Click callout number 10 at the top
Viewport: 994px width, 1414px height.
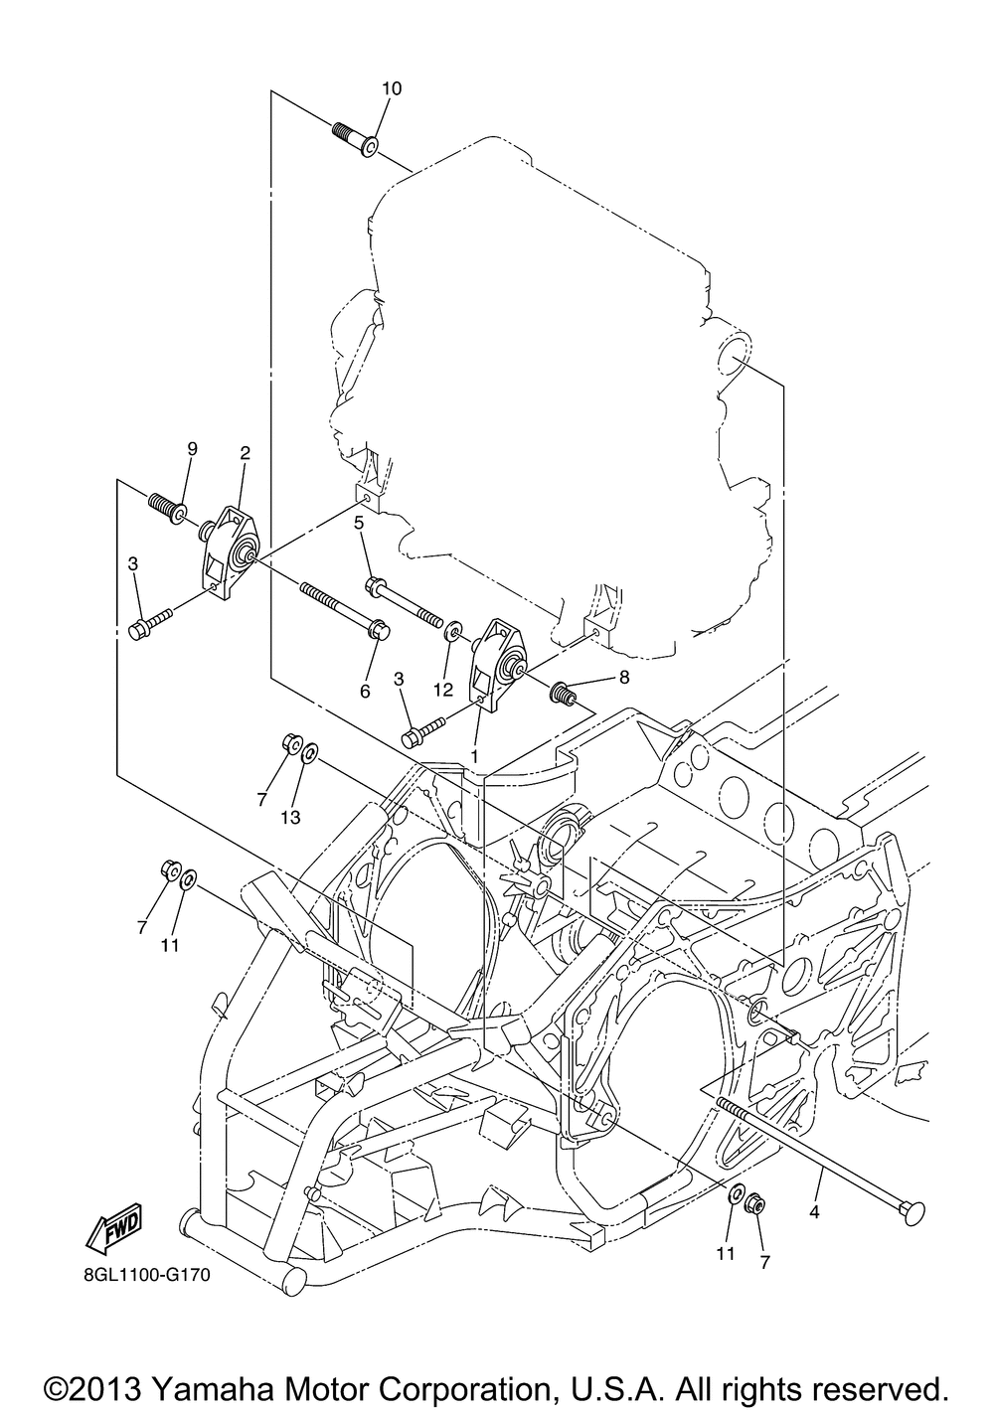pyautogui.click(x=391, y=88)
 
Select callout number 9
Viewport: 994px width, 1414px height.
pyautogui.click(x=192, y=448)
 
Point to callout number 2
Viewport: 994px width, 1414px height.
pyautogui.click(x=245, y=453)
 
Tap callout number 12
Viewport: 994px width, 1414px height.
pyautogui.click(x=442, y=688)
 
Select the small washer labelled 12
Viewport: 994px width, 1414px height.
pyautogui.click(x=453, y=630)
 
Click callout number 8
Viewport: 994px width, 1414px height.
pyautogui.click(x=623, y=678)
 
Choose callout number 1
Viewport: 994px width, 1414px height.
pyautogui.click(x=474, y=756)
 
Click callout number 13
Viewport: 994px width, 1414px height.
pyautogui.click(x=289, y=818)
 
